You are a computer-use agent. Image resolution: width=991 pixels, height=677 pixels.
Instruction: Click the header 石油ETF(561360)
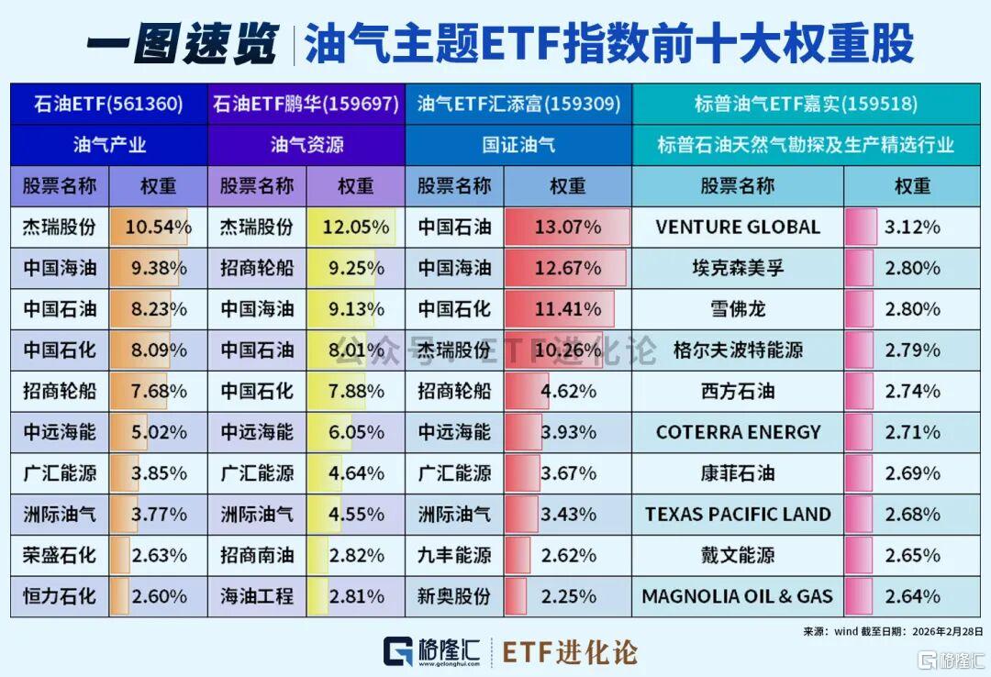[108, 105]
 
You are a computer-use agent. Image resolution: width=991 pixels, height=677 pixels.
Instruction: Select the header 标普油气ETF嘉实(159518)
[811, 105]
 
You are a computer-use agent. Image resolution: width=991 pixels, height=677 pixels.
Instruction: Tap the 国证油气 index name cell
[518, 145]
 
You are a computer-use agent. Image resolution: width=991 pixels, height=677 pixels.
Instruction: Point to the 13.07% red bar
[567, 227]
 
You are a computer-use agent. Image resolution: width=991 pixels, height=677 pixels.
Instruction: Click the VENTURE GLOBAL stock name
[738, 227]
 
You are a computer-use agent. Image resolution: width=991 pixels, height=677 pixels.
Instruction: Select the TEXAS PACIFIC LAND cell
[738, 514]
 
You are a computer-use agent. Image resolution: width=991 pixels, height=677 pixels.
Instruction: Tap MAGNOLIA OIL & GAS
[738, 596]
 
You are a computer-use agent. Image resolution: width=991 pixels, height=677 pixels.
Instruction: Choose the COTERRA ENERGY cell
[738, 432]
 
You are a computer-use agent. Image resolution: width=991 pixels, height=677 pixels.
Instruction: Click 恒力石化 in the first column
[60, 596]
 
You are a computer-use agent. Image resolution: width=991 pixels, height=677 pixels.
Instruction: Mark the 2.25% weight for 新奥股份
[568, 596]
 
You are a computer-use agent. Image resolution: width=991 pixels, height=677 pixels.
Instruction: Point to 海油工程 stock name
[257, 596]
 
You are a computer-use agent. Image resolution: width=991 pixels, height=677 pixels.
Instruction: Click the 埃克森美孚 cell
[738, 268]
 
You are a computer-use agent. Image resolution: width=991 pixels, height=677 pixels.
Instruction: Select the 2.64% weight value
[912, 596]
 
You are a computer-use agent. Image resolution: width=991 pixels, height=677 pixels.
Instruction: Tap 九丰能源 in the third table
[454, 555]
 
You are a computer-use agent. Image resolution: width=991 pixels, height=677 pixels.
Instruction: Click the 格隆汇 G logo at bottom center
[397, 653]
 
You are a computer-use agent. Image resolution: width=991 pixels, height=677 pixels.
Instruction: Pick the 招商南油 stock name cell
[257, 555]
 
